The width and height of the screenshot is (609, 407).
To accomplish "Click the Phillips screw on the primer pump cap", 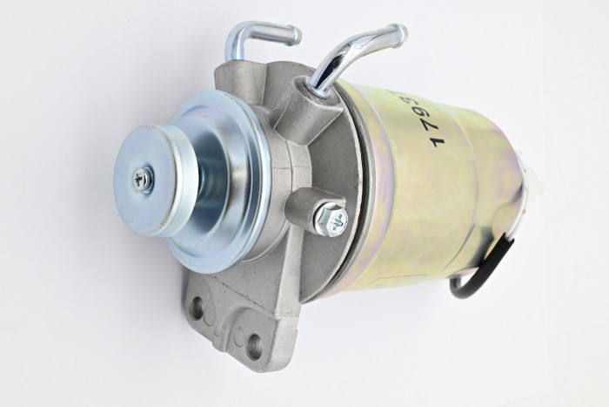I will [x=144, y=180].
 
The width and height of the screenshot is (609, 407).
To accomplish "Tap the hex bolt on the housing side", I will [x=331, y=219].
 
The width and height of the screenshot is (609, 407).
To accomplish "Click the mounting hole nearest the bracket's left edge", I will [x=197, y=308].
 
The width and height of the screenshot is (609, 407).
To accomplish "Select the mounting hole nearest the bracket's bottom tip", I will [x=255, y=347].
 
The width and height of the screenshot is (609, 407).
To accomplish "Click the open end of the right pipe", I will [x=400, y=35].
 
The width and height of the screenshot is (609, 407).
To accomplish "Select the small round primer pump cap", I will [x=152, y=179].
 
